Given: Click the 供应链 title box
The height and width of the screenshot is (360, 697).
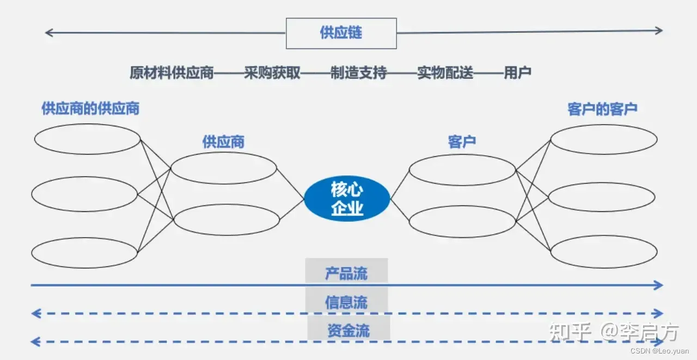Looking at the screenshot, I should tap(341, 33).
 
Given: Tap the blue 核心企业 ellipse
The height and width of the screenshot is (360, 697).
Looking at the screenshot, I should tap(347, 199).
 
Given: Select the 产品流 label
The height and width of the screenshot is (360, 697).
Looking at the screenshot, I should tap(346, 273).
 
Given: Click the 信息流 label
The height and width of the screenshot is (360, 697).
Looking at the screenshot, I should tap(346, 302).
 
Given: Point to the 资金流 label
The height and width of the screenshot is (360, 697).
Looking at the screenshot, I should tap(348, 331).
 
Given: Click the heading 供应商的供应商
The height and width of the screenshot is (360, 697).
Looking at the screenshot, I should tap(90, 108).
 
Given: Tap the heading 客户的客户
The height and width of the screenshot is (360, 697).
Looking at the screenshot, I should tap(602, 109).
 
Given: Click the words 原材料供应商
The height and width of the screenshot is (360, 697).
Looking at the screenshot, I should tap(172, 72).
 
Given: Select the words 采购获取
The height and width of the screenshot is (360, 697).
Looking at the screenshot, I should tap(272, 72).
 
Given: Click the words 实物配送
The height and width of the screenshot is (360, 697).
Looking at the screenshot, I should tap(445, 72).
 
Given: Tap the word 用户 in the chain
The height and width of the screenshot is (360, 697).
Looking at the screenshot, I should tap(517, 72).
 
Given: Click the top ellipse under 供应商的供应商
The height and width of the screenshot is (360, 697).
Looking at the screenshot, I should tap(87, 139).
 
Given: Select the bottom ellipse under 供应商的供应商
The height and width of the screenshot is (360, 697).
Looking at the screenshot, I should tap(84, 253).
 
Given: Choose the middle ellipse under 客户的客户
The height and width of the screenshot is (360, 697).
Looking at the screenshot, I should tap(602, 197).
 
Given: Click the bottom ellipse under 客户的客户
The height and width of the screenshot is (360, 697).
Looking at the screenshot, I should tap(604, 252).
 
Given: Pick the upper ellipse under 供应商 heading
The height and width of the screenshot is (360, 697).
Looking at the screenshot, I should tap(224, 168).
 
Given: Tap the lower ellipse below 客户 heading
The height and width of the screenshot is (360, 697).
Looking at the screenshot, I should tap(462, 221).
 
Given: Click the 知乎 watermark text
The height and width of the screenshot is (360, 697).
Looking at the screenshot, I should tap(570, 331).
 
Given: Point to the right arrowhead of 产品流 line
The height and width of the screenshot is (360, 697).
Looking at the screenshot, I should tap(659, 285).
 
